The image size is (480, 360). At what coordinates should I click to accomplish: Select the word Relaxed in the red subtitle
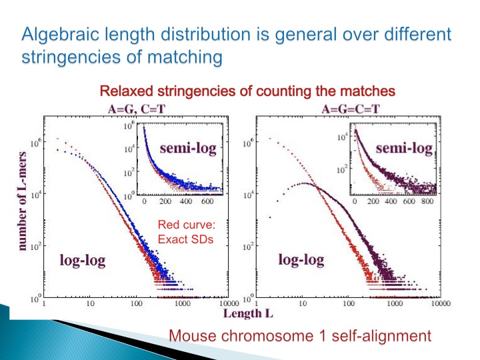tap(123, 91)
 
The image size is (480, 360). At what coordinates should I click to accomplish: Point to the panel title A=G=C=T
tap(352, 106)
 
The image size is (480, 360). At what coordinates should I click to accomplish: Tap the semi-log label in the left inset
tap(187, 148)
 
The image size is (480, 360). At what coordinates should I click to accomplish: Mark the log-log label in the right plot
tap(301, 259)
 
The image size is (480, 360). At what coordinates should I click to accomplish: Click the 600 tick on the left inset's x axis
tap(208, 201)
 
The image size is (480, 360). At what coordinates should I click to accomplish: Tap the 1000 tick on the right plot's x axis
tap(395, 305)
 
